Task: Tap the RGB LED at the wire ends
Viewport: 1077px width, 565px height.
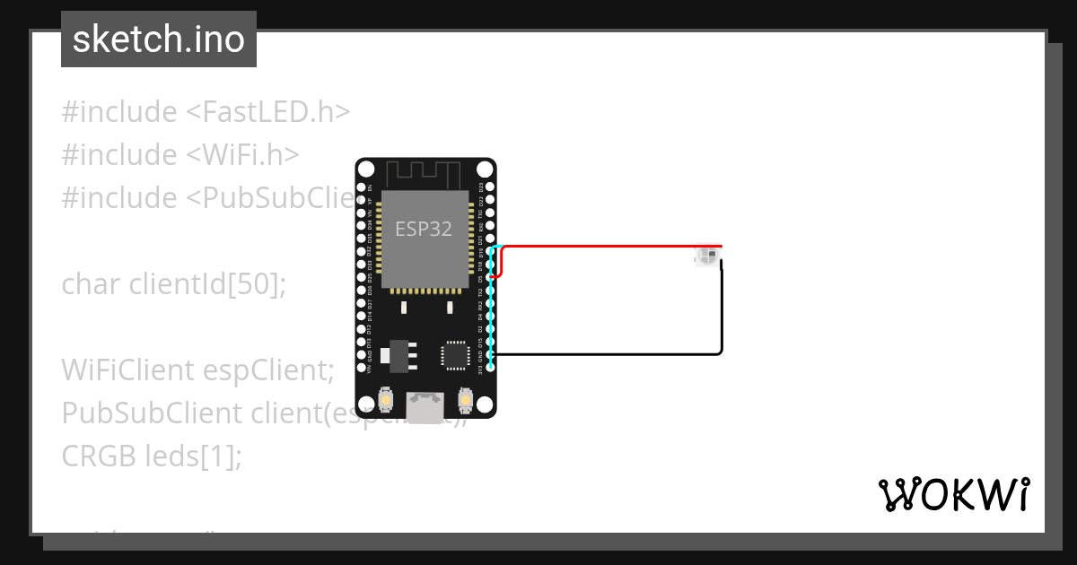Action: pyautogui.click(x=706, y=257)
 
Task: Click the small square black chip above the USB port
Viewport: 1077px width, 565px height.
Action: pyautogui.click(x=454, y=355)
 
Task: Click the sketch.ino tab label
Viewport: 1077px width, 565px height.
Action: pyautogui.click(x=159, y=39)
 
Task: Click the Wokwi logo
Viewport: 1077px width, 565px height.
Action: pyautogui.click(x=953, y=494)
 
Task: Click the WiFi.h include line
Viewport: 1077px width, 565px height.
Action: pyautogui.click(x=179, y=155)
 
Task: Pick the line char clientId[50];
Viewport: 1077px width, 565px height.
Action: pyautogui.click(x=173, y=284)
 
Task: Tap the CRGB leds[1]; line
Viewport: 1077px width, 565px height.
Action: pyautogui.click(x=152, y=456)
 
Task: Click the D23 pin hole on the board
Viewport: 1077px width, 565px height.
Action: pyautogui.click(x=490, y=188)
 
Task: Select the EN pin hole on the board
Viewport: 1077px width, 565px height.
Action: pyautogui.click(x=361, y=188)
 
